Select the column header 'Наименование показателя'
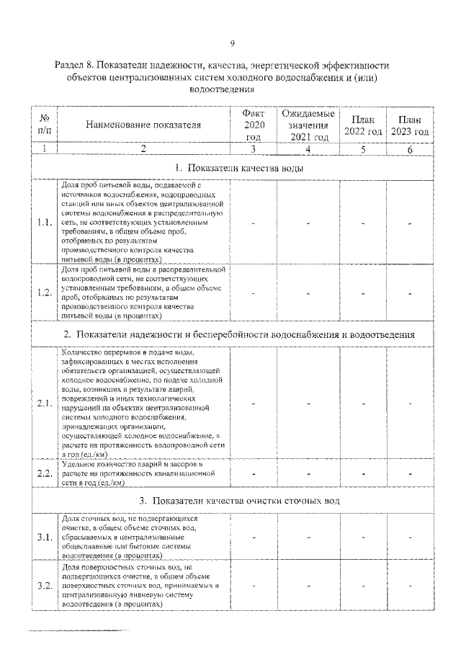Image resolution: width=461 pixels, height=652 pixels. click(143, 125)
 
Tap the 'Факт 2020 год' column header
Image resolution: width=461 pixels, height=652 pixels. click(254, 125)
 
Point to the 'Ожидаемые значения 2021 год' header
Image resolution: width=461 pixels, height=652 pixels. click(308, 125)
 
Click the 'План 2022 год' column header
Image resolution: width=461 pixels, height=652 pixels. click(363, 125)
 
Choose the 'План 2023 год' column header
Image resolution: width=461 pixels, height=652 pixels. click(409, 125)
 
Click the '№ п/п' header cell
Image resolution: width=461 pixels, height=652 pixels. click(44, 125)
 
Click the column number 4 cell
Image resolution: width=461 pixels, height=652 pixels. click(308, 148)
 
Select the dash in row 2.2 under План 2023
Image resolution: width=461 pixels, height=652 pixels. click(409, 474)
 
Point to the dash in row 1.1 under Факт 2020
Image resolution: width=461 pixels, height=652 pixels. click(254, 223)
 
